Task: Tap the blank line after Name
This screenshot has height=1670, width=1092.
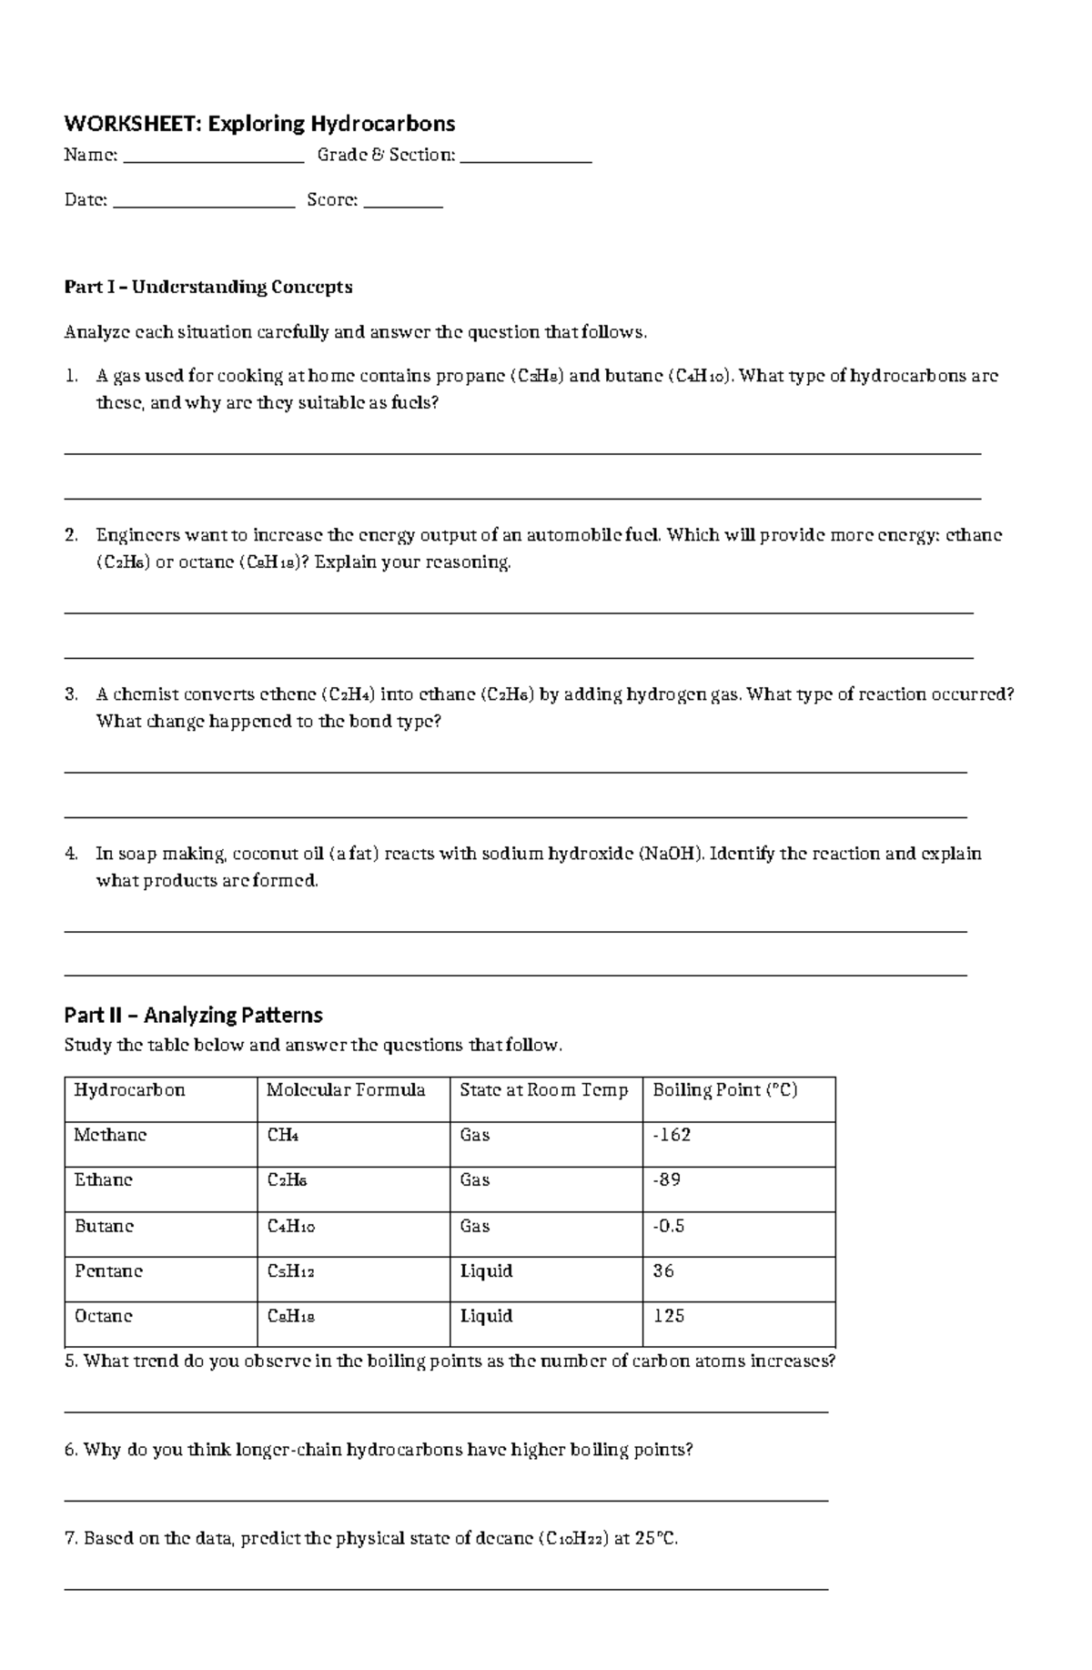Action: point(213,161)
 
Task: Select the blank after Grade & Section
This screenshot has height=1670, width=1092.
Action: point(526,161)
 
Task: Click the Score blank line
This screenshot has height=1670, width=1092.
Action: point(402,207)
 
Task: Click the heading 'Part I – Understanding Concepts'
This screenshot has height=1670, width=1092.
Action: point(207,288)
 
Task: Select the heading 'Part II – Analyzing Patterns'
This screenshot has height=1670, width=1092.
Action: point(193,1015)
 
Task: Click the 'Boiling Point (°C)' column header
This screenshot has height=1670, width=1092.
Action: point(725,1090)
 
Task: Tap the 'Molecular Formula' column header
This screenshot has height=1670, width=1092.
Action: point(346,1090)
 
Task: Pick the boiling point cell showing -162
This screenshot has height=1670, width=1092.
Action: point(672,1135)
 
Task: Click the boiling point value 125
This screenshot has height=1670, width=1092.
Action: point(669,1316)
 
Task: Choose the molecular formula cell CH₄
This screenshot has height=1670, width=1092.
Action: point(283,1136)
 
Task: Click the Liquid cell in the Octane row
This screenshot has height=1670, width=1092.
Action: point(486,1316)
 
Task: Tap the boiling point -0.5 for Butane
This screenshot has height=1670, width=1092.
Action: point(669,1226)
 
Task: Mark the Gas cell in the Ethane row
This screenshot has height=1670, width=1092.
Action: point(475,1180)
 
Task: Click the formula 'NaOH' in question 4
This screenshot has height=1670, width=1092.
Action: point(672,855)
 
